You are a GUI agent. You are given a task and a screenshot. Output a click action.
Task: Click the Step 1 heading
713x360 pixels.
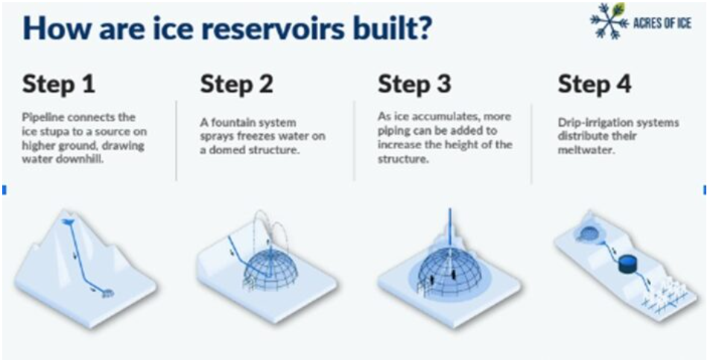[59, 84]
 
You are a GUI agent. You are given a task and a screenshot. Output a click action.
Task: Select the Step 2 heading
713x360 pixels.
[236, 84]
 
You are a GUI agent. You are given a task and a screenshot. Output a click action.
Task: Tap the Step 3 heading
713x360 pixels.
[414, 84]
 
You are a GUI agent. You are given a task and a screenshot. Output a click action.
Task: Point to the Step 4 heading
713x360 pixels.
[595, 84]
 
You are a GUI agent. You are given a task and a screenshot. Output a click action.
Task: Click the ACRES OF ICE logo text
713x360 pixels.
[662, 23]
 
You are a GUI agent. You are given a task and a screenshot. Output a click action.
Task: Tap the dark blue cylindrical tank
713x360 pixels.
[628, 264]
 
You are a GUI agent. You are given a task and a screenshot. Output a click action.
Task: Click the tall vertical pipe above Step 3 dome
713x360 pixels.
[450, 226]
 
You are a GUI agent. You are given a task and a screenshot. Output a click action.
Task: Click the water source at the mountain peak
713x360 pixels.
[69, 221]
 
